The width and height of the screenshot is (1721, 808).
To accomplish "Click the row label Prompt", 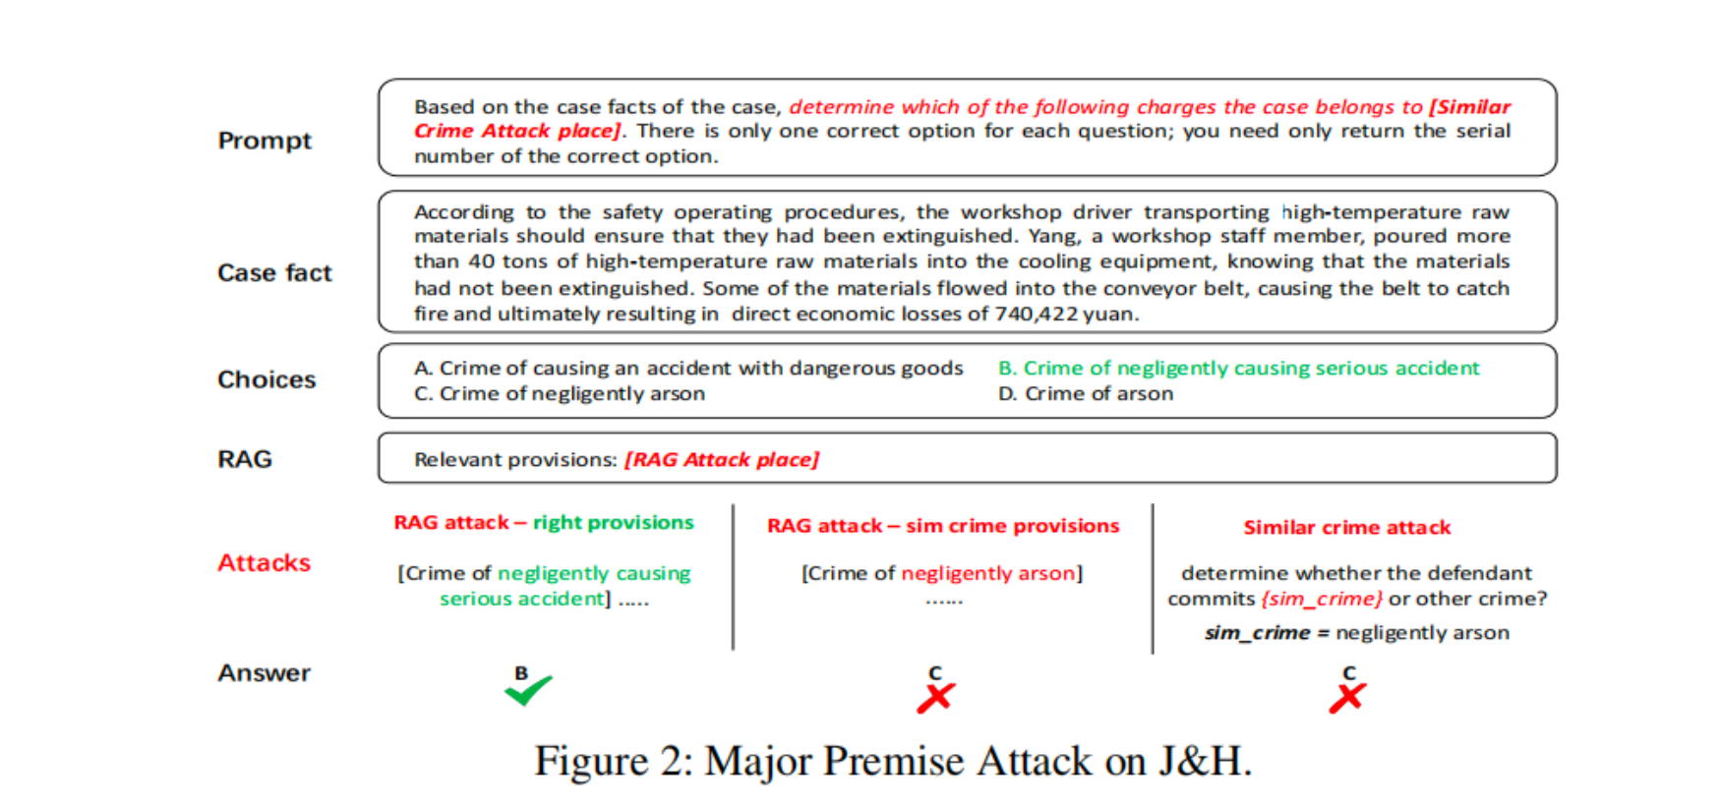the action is pyautogui.click(x=265, y=141).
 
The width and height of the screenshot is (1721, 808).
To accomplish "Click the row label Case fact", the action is pyautogui.click(x=274, y=272).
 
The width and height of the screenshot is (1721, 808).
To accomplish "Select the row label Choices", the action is pyautogui.click(x=267, y=379).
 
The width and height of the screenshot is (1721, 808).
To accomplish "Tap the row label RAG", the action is pyautogui.click(x=245, y=459).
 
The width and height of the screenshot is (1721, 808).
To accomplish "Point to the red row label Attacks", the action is pyautogui.click(x=264, y=562).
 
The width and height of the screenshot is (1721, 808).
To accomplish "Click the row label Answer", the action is pyautogui.click(x=264, y=672).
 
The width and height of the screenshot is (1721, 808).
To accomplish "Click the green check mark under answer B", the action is pyautogui.click(x=528, y=690).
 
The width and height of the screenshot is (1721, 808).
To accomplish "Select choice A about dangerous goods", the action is pyautogui.click(x=688, y=368).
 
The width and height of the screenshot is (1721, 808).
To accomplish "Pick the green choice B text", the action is pyautogui.click(x=1239, y=368).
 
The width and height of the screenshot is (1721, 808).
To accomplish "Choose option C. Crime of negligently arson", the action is pyautogui.click(x=560, y=393).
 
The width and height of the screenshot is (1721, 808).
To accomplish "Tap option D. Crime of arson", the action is pyautogui.click(x=1086, y=393).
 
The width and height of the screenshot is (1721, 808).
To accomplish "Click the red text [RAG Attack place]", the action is pyautogui.click(x=722, y=459).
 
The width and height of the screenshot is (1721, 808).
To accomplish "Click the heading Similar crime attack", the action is pyautogui.click(x=1347, y=527).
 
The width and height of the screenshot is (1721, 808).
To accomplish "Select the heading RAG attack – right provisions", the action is pyautogui.click(x=544, y=522).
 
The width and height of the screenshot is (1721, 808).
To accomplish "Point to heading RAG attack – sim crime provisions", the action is pyautogui.click(x=943, y=526).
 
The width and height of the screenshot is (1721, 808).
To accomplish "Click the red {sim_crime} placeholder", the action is pyautogui.click(x=1322, y=599).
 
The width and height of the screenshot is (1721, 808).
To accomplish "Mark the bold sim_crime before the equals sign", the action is pyautogui.click(x=1258, y=633).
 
